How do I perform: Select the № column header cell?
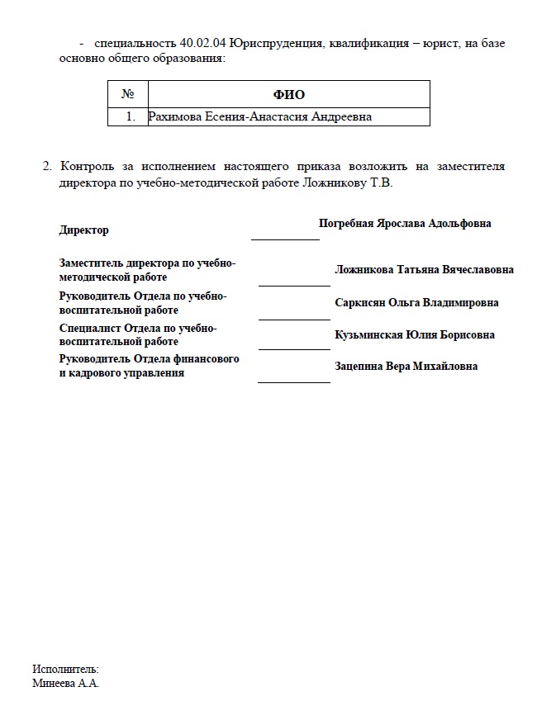coord(127,94)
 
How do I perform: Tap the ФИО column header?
coord(288,94)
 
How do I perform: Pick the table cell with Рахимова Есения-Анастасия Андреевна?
coord(259,116)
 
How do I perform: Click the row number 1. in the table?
coord(131,116)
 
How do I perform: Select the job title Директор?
coord(84,230)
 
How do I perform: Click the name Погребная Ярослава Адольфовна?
coord(405,224)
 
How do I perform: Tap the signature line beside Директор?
coord(285,239)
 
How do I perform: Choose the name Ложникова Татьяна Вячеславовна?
coord(424,270)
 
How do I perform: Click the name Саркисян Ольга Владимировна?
coord(416,303)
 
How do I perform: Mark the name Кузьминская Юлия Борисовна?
coord(415,335)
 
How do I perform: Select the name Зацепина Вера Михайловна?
coord(406,367)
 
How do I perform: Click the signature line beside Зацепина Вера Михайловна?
coord(294,382)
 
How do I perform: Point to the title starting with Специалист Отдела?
coord(138,334)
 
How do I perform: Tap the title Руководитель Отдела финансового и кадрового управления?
coord(149,367)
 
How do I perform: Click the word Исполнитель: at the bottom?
coord(66,669)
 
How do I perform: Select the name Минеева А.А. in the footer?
coord(66,684)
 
